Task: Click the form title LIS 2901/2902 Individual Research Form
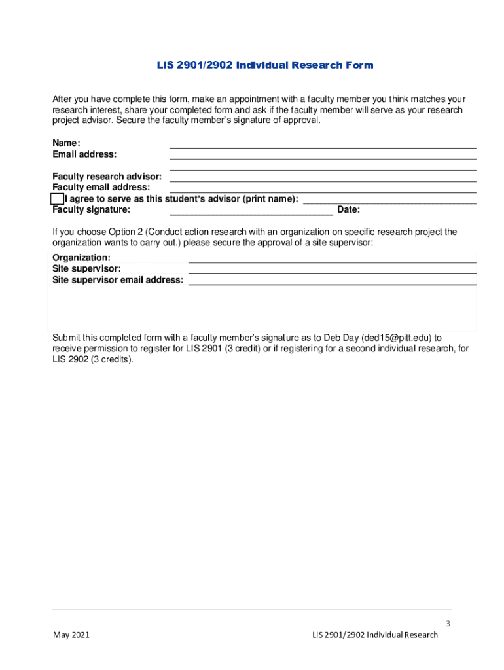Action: coord(264,65)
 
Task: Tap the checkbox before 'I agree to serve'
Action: coord(58,199)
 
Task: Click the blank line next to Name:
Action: coord(323,145)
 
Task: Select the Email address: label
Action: coord(84,154)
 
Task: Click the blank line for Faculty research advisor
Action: coord(323,178)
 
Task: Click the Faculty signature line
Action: coord(251,211)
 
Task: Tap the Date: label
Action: coord(348,210)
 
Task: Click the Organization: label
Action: coord(81,258)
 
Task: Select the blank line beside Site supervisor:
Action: coord(332,270)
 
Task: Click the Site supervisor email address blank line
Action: coord(332,281)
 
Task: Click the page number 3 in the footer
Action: coord(448,624)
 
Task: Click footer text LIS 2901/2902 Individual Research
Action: coord(375,635)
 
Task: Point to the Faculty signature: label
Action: coord(91,210)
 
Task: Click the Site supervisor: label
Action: coord(86,269)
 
